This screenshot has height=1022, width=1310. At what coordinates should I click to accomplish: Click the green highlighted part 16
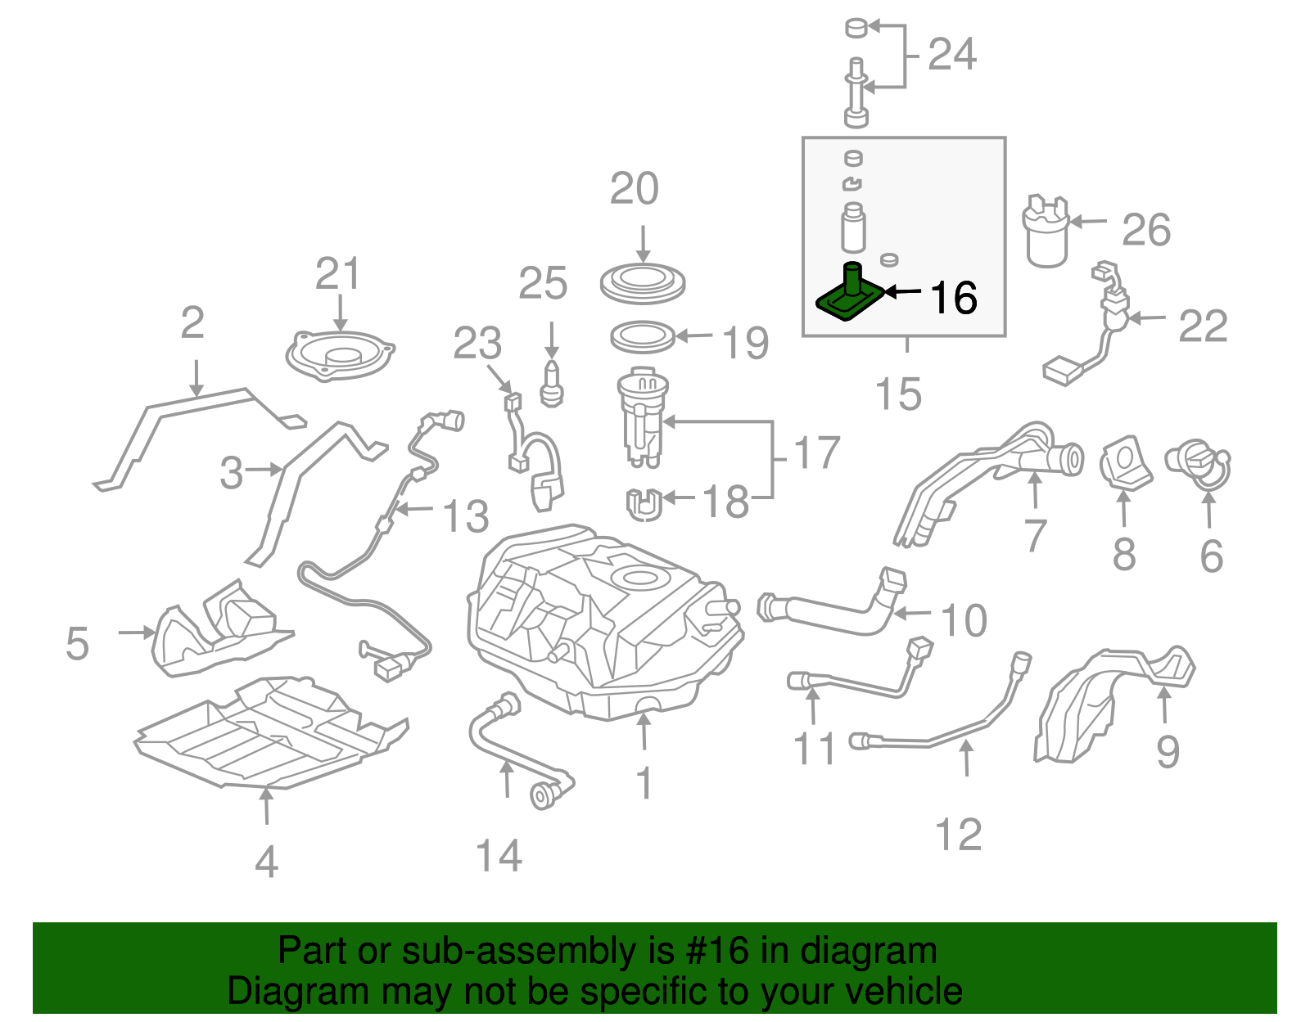pos(850,296)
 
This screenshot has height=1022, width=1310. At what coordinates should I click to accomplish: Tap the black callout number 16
pos(954,298)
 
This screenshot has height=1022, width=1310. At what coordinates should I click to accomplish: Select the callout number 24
pos(952,55)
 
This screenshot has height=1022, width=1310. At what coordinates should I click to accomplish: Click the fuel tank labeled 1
pos(606,622)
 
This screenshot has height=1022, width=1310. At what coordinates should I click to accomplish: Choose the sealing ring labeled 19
pos(643,337)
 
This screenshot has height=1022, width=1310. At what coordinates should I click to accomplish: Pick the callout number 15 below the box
pos(899,394)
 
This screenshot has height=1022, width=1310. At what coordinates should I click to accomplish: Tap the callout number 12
pos(958,835)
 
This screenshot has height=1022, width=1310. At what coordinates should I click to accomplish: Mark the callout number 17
pos(817,452)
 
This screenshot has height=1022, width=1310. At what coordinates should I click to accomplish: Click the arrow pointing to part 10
pos(913,614)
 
